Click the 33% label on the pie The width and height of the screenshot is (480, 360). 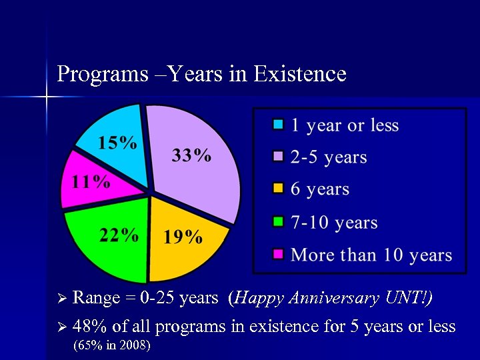click(192, 156)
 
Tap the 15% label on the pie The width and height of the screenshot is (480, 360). click(118, 143)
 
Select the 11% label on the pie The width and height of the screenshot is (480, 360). click(91, 182)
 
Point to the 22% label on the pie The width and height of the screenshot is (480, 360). click(119, 235)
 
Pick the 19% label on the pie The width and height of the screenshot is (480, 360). click(183, 237)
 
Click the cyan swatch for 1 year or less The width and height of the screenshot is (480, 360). click(279, 125)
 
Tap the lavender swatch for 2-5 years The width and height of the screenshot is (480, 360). click(279, 157)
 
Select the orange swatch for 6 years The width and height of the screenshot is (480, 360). click(279, 189)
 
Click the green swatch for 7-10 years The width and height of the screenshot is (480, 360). click(279, 221)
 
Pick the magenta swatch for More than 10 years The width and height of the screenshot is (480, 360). click(279, 254)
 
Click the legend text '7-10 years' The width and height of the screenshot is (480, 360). click(334, 223)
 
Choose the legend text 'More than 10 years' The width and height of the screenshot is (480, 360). click(371, 255)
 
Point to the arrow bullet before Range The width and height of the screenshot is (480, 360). click(63, 298)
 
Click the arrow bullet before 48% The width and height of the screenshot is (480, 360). click(63, 327)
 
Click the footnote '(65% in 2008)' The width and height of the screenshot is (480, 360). click(111, 345)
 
